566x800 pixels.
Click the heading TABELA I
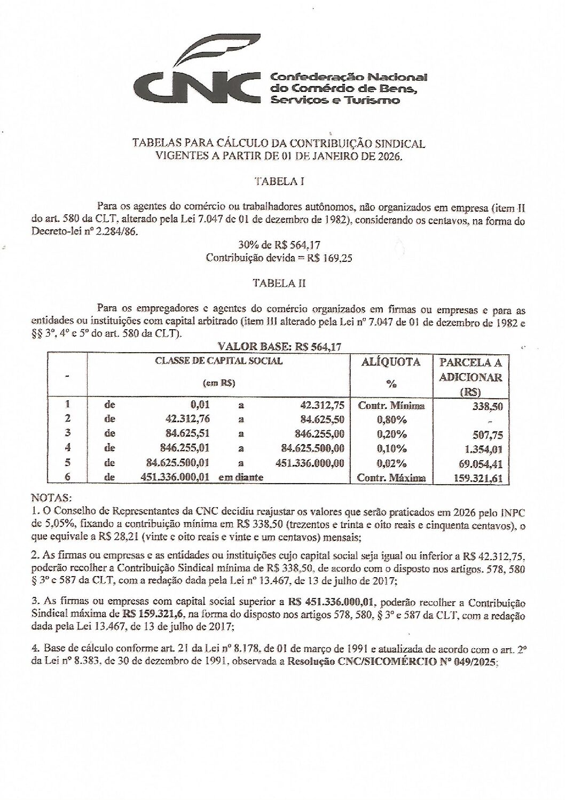(279, 181)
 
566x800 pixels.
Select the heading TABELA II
(279, 283)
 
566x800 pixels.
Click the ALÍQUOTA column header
(391, 362)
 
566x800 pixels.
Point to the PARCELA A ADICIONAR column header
(470, 377)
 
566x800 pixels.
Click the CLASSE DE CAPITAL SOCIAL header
(218, 361)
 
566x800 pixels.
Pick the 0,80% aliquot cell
(391, 419)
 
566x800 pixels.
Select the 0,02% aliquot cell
(391, 463)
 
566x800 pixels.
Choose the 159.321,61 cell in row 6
(476, 479)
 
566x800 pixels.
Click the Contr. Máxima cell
(391, 478)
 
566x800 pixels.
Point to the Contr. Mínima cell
(391, 406)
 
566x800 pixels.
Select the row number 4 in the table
(68, 448)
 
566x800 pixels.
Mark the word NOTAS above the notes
(51, 498)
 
